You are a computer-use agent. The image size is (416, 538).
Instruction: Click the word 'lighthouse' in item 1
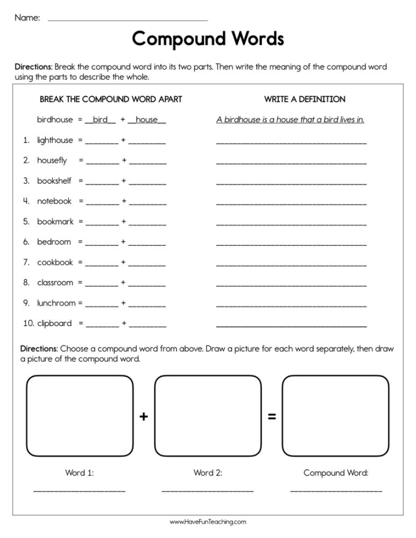point(55,140)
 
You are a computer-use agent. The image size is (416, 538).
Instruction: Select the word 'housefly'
point(52,160)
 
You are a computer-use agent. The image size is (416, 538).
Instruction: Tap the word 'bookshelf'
point(55,181)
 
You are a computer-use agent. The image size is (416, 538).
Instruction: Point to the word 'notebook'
point(54,201)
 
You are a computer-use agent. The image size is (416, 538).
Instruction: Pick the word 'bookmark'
point(55,221)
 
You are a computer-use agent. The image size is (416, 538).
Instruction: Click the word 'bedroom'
point(53,242)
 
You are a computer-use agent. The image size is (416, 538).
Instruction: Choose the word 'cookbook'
point(55,262)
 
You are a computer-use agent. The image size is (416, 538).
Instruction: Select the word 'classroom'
point(55,283)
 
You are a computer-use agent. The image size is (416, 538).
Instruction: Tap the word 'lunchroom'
point(56,303)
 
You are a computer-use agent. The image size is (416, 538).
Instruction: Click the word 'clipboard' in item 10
point(54,323)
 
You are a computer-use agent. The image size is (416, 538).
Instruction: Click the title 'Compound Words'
point(208,39)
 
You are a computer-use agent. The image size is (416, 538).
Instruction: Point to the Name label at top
point(27,18)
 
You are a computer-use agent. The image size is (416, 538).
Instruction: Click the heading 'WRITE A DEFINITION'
point(304,99)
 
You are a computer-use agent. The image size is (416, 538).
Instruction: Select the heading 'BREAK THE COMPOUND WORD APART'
point(111,99)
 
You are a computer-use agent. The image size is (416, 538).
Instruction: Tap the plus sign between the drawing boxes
point(143,417)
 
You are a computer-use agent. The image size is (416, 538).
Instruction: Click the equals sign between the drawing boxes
point(272,417)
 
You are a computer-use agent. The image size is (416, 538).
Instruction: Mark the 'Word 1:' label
point(80,473)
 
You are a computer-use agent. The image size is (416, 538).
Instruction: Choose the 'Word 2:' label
point(207,473)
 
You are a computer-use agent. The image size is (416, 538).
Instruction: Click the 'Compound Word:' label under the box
point(336,473)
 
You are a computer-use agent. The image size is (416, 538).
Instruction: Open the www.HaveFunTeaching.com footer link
point(208,522)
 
